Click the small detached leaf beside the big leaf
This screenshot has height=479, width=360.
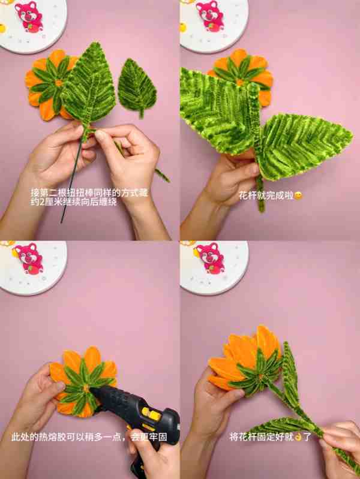[137, 88]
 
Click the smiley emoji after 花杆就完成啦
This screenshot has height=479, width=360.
[298, 195]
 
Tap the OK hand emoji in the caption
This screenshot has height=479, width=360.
[298, 437]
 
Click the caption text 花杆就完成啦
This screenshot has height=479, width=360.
[266, 195]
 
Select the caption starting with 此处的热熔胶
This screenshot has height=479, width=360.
[89, 437]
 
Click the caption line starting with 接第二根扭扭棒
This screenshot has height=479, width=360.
[89, 192]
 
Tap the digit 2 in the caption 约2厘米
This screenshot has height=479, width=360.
[42, 202]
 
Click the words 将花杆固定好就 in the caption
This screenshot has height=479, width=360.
[262, 437]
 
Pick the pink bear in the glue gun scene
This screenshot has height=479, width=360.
[29, 258]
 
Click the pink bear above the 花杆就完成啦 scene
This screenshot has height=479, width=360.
[210, 15]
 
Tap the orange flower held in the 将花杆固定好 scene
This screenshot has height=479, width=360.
[245, 360]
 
